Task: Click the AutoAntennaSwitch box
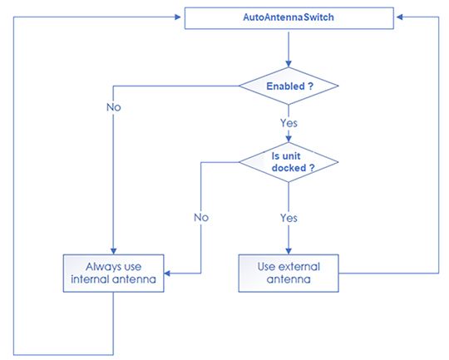click(289, 18)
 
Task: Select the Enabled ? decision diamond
click(289, 86)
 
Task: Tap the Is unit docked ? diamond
click(289, 162)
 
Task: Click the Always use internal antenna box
click(113, 274)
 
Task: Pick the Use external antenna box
click(289, 274)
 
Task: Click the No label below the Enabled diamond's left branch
click(114, 107)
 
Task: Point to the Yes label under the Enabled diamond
click(289, 123)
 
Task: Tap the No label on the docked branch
click(201, 218)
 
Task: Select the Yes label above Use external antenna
click(289, 218)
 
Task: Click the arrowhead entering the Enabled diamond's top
click(289, 63)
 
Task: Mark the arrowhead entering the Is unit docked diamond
click(289, 139)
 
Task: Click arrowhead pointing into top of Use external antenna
click(289, 251)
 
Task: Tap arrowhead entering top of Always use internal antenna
click(113, 251)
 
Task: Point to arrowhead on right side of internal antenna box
click(167, 274)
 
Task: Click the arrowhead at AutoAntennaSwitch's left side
click(178, 17)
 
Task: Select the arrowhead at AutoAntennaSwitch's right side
click(400, 17)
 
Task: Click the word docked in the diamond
click(289, 168)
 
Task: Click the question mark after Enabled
click(311, 86)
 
